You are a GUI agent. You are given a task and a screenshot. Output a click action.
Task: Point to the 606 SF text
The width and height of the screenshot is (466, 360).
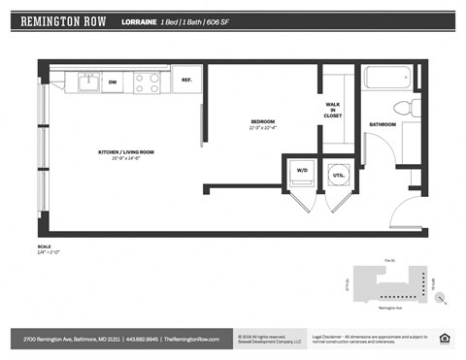point(220,19)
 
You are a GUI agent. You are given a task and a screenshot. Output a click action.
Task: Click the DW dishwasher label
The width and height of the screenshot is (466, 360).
point(113,82)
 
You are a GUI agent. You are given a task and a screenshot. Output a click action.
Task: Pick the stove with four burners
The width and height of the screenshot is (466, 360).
point(147,82)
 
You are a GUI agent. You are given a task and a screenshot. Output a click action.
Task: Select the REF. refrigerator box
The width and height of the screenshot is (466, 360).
point(185,81)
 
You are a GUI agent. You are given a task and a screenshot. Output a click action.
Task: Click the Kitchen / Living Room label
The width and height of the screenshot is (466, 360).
point(125,154)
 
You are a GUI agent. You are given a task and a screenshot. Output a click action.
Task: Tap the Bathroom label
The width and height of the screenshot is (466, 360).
point(382,124)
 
